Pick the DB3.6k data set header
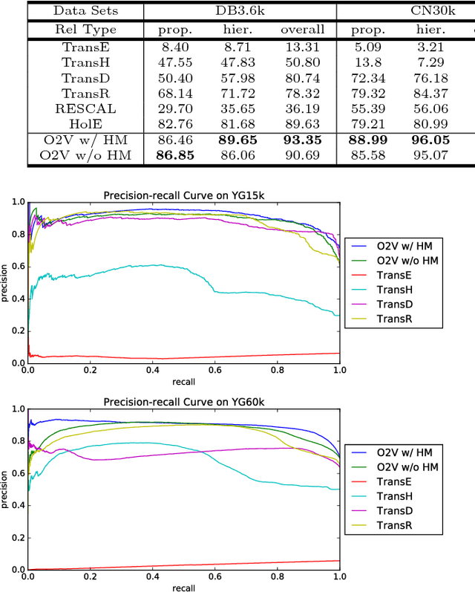pyautogui.click(x=240, y=11)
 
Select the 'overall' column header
pyautogui.click(x=302, y=30)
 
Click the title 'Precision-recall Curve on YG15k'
pyautogui.click(x=183, y=195)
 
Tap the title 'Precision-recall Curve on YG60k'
pyautogui.click(x=183, y=403)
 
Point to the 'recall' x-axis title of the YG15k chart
pyautogui.click(x=184, y=382)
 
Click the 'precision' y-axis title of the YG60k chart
pyautogui.click(x=7, y=489)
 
